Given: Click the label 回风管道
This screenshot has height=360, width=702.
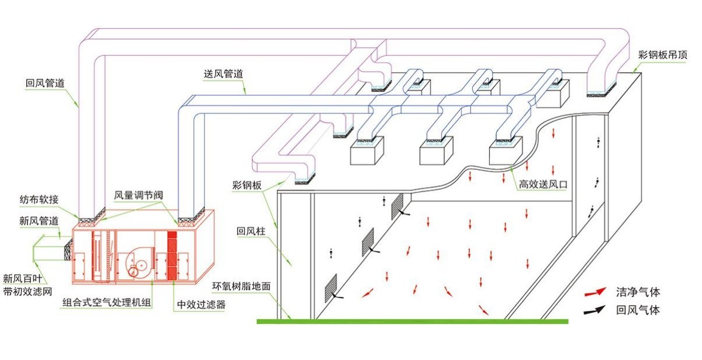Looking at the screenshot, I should (x=45, y=83).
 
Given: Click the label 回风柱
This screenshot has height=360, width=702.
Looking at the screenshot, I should (x=251, y=231).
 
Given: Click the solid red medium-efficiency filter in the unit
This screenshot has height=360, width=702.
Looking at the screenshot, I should (x=172, y=254).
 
